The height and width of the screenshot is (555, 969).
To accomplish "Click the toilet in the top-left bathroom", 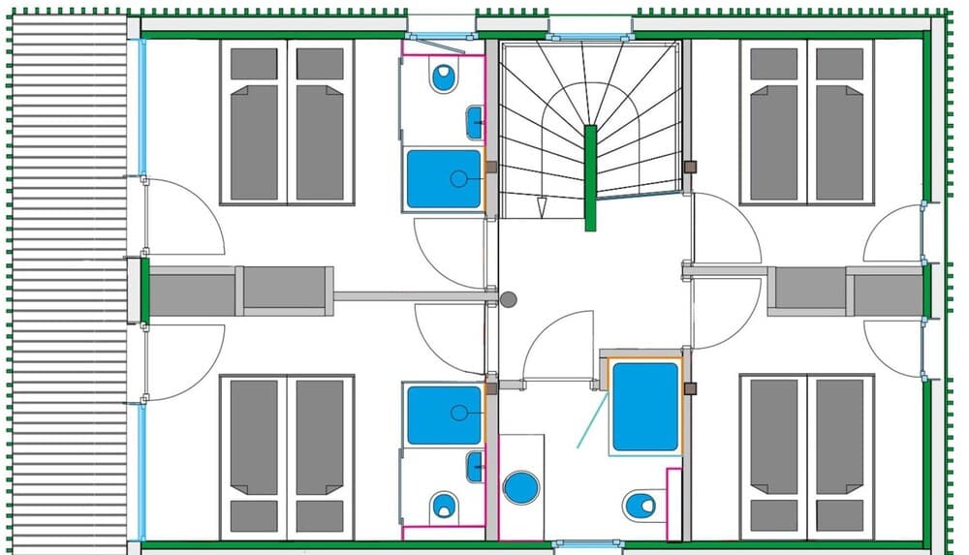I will pyautogui.click(x=444, y=78).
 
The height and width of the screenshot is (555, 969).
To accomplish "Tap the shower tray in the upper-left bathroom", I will pyautogui.click(x=444, y=178).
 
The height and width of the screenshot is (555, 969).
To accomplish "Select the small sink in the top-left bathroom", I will pyautogui.click(x=475, y=122).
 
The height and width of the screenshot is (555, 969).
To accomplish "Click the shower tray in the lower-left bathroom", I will pyautogui.click(x=444, y=415).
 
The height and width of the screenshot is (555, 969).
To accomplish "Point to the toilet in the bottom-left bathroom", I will pyautogui.click(x=444, y=505).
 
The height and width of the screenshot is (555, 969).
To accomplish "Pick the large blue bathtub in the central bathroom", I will pyautogui.click(x=645, y=407).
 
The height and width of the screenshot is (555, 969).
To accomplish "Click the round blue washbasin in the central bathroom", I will pyautogui.click(x=521, y=486).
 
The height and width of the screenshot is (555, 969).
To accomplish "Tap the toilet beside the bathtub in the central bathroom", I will pyautogui.click(x=640, y=505).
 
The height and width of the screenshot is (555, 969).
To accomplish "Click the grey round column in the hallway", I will pyautogui.click(x=509, y=300).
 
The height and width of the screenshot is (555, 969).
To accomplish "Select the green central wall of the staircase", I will pyautogui.click(x=590, y=179).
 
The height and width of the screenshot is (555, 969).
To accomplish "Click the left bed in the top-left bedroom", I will pyautogui.click(x=254, y=122).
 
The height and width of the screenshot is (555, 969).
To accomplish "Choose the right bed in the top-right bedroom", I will pyautogui.click(x=839, y=122).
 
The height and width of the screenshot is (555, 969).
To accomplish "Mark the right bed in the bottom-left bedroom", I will pyautogui.click(x=320, y=455).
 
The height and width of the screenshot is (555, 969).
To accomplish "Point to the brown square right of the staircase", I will pyautogui.click(x=690, y=167).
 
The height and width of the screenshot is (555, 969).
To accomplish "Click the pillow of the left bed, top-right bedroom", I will pyautogui.click(x=773, y=64).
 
